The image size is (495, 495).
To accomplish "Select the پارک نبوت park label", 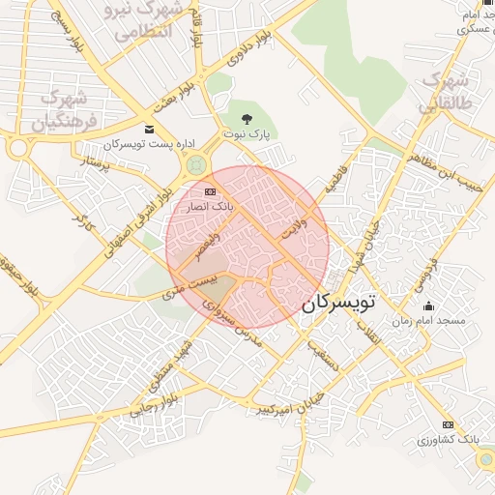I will pyautogui.click(x=248, y=132).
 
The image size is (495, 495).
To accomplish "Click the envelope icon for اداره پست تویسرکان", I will pyautogui.click(x=148, y=129).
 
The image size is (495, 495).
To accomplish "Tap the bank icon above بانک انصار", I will pyautogui.click(x=210, y=191).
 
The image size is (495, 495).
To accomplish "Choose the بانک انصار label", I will pyautogui.click(x=210, y=206).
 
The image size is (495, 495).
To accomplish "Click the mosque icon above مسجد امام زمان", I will pyautogui.click(x=428, y=306).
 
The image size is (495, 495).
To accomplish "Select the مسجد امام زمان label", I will pyautogui.click(x=428, y=320).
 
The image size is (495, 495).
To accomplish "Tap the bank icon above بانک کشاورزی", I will pyautogui.click(x=447, y=424).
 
